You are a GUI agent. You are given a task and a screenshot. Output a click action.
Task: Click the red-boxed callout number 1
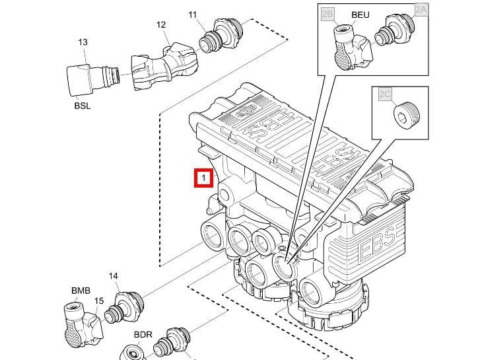[203, 178]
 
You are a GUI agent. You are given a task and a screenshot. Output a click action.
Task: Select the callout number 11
[192, 15]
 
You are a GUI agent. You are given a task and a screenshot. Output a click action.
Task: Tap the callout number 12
[161, 25]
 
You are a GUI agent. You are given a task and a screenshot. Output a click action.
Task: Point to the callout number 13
[83, 42]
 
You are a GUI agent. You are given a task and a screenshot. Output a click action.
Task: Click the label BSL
[83, 105]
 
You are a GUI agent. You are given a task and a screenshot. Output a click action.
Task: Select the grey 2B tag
[327, 13]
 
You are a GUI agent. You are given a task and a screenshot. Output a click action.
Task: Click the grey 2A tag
[421, 9]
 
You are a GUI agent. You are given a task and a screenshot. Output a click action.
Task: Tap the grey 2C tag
[385, 94]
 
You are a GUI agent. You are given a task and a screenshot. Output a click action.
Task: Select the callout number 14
[113, 276]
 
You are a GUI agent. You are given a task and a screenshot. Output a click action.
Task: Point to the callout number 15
[99, 301]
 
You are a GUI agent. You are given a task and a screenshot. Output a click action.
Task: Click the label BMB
[81, 291]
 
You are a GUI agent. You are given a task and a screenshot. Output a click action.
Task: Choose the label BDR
[143, 335]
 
